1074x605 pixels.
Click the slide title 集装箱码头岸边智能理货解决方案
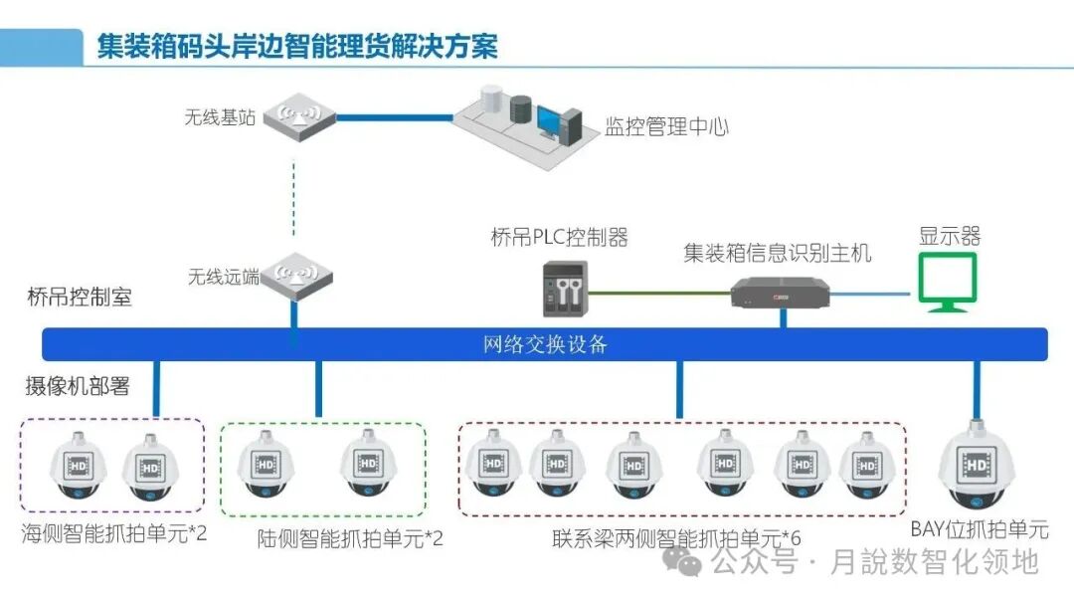pyautogui.click(x=296, y=46)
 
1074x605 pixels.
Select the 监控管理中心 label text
pyautogui.click(x=667, y=126)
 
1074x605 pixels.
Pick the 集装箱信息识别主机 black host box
pyautogui.click(x=780, y=291)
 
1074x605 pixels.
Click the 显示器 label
pyautogui.click(x=949, y=236)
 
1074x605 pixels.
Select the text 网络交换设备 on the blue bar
pyautogui.click(x=545, y=345)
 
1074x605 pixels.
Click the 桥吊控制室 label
pyautogui.click(x=80, y=297)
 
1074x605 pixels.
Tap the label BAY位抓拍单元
pyautogui.click(x=979, y=528)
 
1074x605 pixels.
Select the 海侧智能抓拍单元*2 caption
pyautogui.click(x=114, y=533)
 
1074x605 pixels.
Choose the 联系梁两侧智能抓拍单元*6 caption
pyautogui.click(x=676, y=538)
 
